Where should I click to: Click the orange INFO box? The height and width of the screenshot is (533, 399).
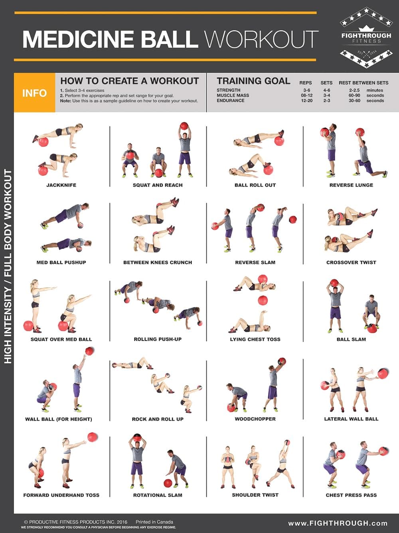click(x=34, y=93)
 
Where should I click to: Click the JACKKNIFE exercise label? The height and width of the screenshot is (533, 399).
click(x=61, y=185)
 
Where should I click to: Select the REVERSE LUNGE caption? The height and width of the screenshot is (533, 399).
click(x=351, y=185)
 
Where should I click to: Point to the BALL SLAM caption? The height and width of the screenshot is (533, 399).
click(x=351, y=339)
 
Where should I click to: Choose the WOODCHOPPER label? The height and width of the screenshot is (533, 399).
click(x=255, y=419)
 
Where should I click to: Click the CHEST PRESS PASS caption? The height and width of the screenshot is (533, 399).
click(x=351, y=495)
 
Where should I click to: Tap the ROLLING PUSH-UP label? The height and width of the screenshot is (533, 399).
click(x=158, y=339)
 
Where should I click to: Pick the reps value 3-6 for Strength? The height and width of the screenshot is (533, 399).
click(x=306, y=90)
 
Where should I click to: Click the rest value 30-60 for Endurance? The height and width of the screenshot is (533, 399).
click(x=354, y=101)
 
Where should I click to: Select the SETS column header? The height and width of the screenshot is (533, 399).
click(x=326, y=83)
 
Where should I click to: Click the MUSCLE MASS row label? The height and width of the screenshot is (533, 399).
click(x=233, y=95)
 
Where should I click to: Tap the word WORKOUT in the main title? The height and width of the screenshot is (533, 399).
click(x=261, y=39)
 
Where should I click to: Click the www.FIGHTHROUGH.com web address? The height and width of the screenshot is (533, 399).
click(x=338, y=523)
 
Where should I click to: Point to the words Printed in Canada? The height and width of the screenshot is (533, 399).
click(x=154, y=522)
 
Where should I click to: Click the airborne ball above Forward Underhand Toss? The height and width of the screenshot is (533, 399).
click(x=93, y=437)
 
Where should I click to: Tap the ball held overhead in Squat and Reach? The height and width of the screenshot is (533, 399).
click(x=184, y=126)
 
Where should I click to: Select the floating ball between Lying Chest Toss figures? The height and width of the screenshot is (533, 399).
click(x=263, y=300)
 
